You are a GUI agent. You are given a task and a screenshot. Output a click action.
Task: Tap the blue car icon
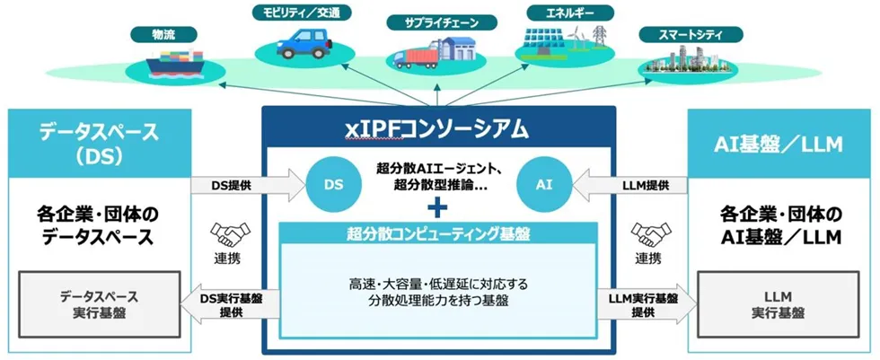(x=303, y=43)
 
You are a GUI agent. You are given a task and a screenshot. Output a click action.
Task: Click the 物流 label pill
(x=163, y=35)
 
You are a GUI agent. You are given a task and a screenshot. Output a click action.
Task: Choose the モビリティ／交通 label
(x=301, y=12)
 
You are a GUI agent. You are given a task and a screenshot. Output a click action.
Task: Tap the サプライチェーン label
(x=442, y=22)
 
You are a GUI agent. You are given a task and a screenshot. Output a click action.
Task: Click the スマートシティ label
(x=691, y=35)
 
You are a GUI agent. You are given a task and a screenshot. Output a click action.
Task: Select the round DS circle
(x=333, y=185)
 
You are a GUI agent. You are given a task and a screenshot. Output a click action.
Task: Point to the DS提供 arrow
(x=249, y=185)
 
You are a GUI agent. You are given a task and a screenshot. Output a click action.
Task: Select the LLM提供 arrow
(x=629, y=185)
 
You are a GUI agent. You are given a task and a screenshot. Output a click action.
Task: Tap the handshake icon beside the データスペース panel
(x=230, y=233)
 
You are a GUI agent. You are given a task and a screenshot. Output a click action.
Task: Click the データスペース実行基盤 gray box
(x=99, y=304)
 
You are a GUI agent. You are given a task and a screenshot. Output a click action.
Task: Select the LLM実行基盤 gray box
(x=778, y=304)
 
